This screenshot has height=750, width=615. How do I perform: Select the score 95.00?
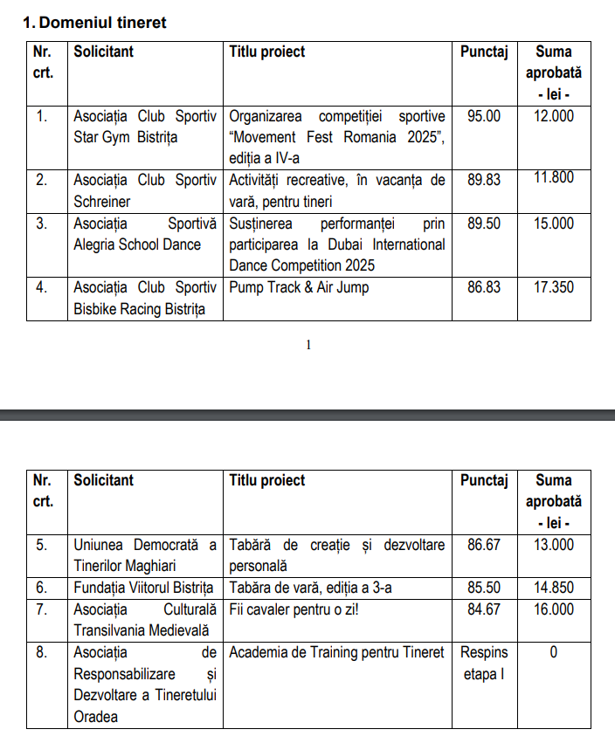pos(484,116)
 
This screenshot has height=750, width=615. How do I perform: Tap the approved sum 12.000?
pos(553,116)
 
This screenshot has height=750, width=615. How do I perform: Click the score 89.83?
pos(484,180)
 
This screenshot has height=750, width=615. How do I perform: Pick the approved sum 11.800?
pos(553,178)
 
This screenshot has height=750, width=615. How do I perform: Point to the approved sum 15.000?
pos(553,224)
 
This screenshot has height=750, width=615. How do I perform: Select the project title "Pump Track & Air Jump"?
pos(299,287)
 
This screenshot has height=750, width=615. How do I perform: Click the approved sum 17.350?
pos(553,287)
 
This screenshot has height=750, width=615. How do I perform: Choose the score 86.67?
pos(484,545)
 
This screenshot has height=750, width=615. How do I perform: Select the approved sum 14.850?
pos(553,588)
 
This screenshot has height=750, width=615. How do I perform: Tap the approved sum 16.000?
pos(553,609)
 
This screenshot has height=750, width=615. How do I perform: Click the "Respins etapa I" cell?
pos(484,663)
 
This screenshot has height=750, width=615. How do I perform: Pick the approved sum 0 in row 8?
pos(553,652)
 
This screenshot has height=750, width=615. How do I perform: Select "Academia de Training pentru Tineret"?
pos(336,652)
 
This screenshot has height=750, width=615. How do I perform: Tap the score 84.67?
pos(484,609)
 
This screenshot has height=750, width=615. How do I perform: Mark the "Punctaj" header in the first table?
pos(484,52)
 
